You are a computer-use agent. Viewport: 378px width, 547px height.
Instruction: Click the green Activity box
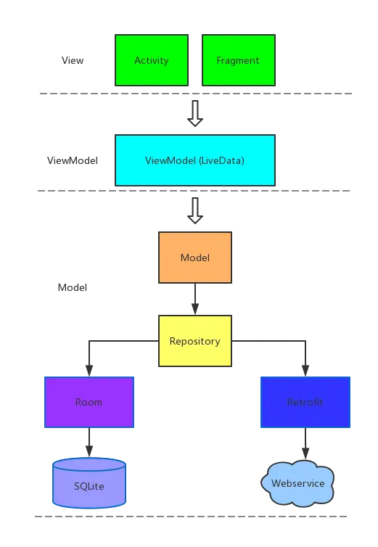pos(151,60)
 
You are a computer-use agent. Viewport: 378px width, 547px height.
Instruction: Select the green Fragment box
pos(237,60)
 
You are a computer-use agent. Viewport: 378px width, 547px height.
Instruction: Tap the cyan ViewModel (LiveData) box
pos(194,160)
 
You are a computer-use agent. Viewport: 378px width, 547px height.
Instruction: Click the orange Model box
pos(194,258)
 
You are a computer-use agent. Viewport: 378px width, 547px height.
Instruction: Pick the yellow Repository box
pos(194,341)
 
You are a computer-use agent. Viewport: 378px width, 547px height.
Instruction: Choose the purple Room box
pos(89,402)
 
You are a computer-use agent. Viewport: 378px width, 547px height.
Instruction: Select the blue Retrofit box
pos(305,402)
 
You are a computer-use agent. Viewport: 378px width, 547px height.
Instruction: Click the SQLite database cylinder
pos(89,484)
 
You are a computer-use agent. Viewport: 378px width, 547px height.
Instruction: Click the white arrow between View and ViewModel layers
pos(194,114)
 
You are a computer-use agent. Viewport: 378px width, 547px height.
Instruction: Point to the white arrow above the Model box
pos(194,210)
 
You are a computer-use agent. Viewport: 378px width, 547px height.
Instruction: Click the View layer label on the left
pos(73,59)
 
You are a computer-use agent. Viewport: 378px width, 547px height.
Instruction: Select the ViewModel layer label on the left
pos(72,160)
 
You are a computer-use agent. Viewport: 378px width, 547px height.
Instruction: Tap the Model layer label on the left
pos(72,288)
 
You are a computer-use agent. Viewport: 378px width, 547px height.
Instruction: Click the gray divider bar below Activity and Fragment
pos(194,96)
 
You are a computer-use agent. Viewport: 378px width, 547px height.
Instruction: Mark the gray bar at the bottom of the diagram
pos(192,517)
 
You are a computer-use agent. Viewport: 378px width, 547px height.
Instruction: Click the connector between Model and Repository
pos(194,299)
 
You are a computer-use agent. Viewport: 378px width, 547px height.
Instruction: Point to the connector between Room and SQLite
pos(89,443)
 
